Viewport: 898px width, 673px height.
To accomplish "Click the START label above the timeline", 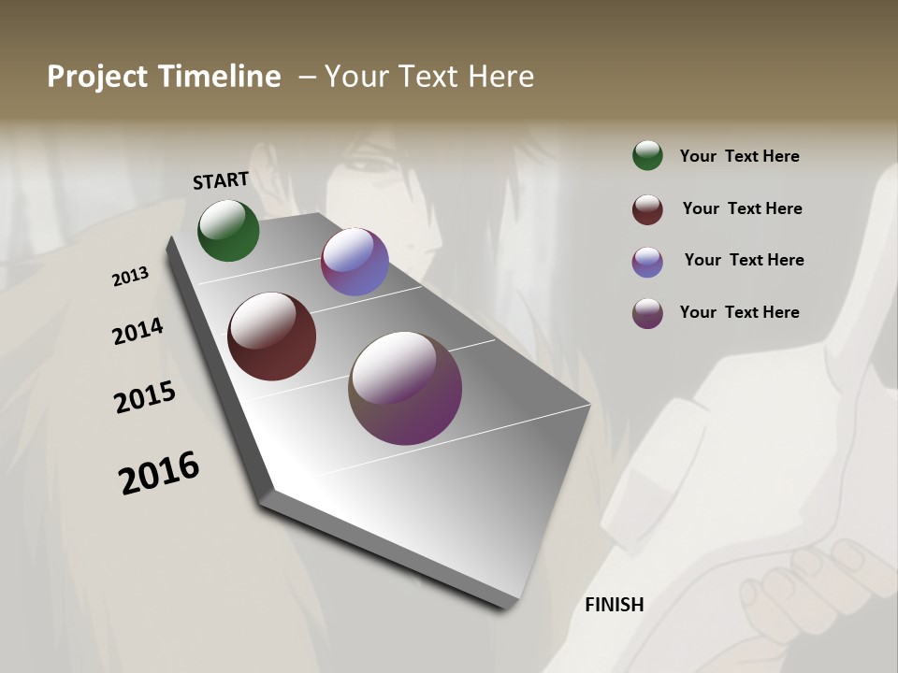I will coord(221,180).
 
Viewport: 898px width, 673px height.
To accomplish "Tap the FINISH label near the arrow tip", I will coord(615,605).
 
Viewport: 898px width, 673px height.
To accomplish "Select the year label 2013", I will coord(131,277).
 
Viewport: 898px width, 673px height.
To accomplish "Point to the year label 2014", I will coord(138,332).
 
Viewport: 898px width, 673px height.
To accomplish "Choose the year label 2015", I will coord(145,397).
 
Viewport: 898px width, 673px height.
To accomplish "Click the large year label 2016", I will coord(159,473).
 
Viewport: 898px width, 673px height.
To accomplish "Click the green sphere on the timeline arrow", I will coord(228,230).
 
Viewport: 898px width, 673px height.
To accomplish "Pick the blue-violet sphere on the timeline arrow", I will coord(355,262).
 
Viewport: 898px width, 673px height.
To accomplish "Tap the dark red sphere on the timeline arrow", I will coord(272,336).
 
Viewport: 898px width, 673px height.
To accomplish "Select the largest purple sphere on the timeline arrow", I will coord(405,388).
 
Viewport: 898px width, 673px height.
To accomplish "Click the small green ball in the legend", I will coord(647,155).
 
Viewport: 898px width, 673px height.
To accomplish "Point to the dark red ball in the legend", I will coord(647,209).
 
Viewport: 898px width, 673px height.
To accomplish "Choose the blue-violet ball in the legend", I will coord(647,262).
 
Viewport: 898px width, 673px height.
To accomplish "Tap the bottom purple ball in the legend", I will coord(647,313).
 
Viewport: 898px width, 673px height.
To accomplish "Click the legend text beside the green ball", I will coord(739,157).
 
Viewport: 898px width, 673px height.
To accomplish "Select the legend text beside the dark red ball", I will coord(742,208).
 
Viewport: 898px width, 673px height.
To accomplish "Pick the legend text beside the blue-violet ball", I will coord(744,260).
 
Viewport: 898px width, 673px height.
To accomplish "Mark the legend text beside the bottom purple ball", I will coord(739,312).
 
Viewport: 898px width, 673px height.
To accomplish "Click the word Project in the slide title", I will coord(97,77).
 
